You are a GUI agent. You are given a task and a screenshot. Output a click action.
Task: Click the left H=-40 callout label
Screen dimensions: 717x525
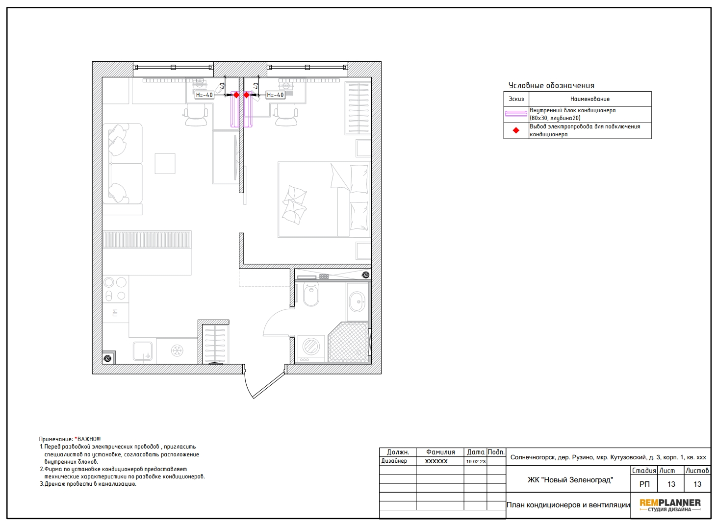204,95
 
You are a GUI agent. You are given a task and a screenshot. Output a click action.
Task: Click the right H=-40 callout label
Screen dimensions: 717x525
275,95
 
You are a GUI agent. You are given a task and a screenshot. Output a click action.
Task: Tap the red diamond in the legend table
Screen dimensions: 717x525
516,130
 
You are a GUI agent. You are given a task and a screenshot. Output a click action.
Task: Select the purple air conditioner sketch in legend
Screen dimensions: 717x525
516,114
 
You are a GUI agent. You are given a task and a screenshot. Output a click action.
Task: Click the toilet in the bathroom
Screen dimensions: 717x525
311,295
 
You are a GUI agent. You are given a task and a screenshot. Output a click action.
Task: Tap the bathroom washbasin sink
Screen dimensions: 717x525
357,301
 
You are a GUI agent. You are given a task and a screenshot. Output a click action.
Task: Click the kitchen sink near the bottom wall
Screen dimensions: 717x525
143,351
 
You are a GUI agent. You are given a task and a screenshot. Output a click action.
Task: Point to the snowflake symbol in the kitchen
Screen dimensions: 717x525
177,350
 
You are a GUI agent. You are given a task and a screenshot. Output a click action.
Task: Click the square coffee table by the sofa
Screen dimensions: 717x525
165,164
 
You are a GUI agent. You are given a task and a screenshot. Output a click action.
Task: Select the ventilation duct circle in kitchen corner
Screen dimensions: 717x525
108,358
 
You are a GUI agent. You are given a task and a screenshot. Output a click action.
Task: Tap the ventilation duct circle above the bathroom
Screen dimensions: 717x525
365,275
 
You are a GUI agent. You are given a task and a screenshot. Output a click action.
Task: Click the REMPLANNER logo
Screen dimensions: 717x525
670,505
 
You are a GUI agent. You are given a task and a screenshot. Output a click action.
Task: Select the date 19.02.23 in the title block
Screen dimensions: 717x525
476,462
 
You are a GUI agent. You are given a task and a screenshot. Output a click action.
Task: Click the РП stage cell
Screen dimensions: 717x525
644,484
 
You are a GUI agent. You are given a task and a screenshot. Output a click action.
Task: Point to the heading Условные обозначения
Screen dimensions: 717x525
551,85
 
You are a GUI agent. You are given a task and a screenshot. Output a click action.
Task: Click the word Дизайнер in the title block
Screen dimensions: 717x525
394,461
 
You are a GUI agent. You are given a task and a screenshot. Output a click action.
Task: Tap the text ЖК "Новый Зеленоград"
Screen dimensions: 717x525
570,480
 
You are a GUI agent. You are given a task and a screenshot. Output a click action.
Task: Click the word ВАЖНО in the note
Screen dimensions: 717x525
89,439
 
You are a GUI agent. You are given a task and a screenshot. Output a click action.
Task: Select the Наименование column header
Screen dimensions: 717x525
590,99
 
